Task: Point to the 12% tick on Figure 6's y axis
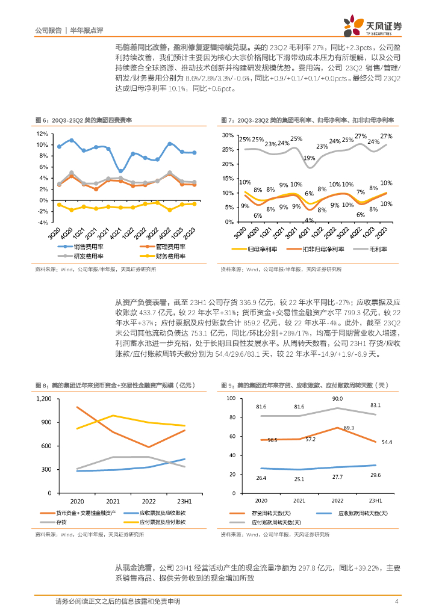[x=42, y=134]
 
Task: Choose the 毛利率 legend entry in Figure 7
[x=377, y=248]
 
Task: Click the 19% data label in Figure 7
[x=310, y=158]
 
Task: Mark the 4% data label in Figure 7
[x=308, y=220]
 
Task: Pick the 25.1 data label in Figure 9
[x=299, y=479]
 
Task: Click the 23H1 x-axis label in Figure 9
[x=375, y=500]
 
